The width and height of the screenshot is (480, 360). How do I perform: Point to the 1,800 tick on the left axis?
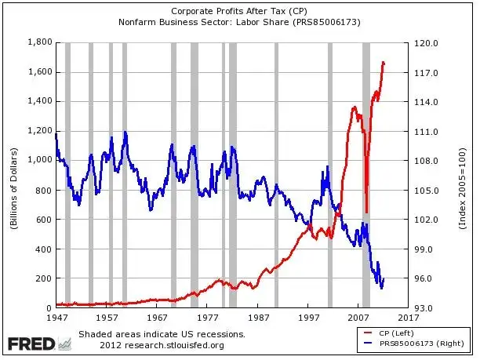pos(39,42)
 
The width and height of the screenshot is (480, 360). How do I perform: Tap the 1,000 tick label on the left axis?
pos(39,160)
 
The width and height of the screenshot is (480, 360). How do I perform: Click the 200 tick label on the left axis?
pos(44,278)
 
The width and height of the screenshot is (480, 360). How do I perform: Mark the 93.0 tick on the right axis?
pos(424,308)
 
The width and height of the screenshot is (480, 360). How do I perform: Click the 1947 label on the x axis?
pos(56,319)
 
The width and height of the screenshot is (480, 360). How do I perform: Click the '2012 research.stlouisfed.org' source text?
pos(162,345)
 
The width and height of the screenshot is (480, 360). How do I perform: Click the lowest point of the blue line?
pos(381,288)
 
